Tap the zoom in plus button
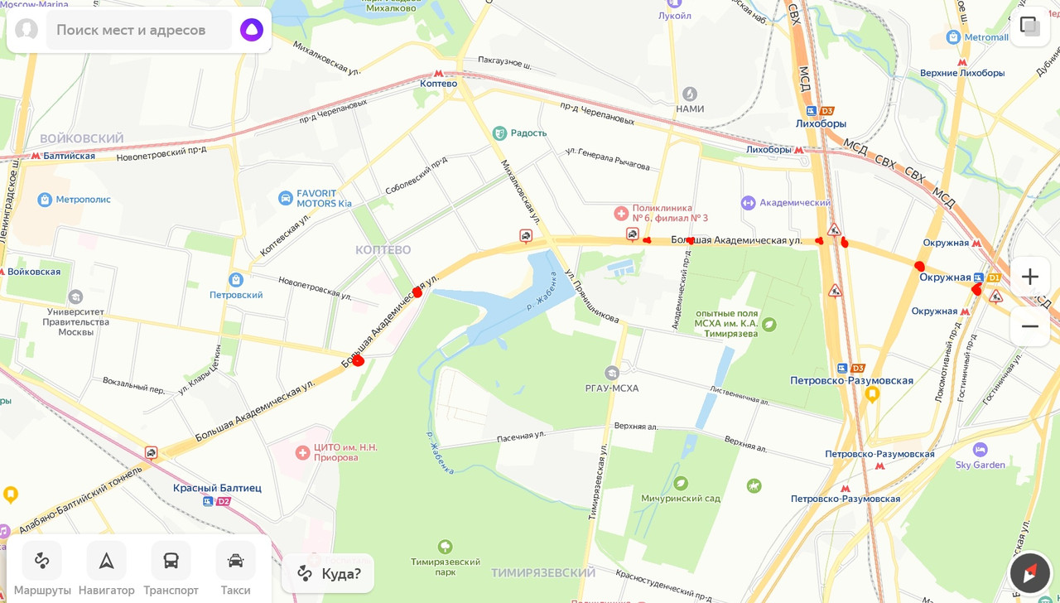pos(1029,277)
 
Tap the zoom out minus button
pos(1029,326)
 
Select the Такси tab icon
pos(235,561)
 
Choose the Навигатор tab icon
pos(107,561)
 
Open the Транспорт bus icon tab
pos(171,561)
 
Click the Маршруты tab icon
pos(42,561)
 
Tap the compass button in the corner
pos(1029,572)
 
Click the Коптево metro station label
pos(438,83)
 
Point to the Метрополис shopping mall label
pos(83,200)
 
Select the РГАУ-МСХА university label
pos(612,388)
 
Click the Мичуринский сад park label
pos(681,498)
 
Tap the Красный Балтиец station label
pos(217,488)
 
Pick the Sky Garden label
pos(980,465)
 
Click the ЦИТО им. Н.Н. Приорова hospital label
pos(345,452)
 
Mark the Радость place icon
pos(499,133)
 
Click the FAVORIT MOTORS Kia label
pos(324,199)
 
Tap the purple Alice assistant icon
pos(252,30)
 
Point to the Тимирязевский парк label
pos(445,567)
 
